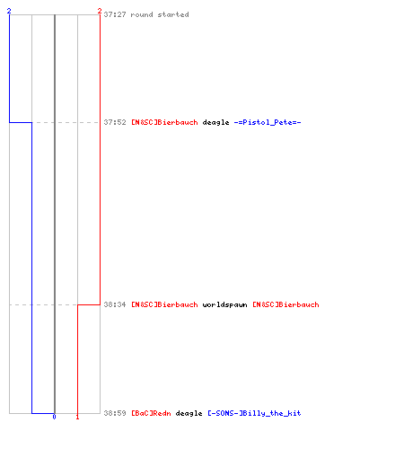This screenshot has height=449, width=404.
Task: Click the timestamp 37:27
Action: [115, 14]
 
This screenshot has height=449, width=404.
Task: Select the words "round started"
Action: [160, 14]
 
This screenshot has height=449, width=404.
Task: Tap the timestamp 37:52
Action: [115, 122]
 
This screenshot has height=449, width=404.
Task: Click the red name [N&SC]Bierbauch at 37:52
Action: [164, 122]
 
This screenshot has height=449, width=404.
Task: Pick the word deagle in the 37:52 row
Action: [215, 122]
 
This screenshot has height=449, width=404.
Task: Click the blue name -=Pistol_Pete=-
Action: [268, 122]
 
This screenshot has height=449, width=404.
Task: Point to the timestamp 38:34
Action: [115, 304]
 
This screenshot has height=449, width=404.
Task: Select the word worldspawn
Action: [224, 304]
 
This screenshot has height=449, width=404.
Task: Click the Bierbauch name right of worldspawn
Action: [285, 304]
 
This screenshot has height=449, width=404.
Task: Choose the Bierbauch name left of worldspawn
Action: [164, 304]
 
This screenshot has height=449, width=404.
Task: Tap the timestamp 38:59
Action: [115, 413]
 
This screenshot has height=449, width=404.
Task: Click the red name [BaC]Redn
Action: [151, 413]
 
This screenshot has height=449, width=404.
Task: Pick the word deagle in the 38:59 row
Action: [189, 413]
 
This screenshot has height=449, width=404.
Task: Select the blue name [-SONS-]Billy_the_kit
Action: [254, 413]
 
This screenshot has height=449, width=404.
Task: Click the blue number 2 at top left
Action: [9, 11]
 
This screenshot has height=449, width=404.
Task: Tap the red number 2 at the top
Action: [100, 11]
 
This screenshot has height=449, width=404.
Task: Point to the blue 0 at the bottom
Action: [54, 417]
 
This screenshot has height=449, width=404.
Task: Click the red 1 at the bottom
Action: [77, 417]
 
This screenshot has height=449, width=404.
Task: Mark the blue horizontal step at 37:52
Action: [21, 122]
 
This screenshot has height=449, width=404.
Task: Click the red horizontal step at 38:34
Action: [89, 304]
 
